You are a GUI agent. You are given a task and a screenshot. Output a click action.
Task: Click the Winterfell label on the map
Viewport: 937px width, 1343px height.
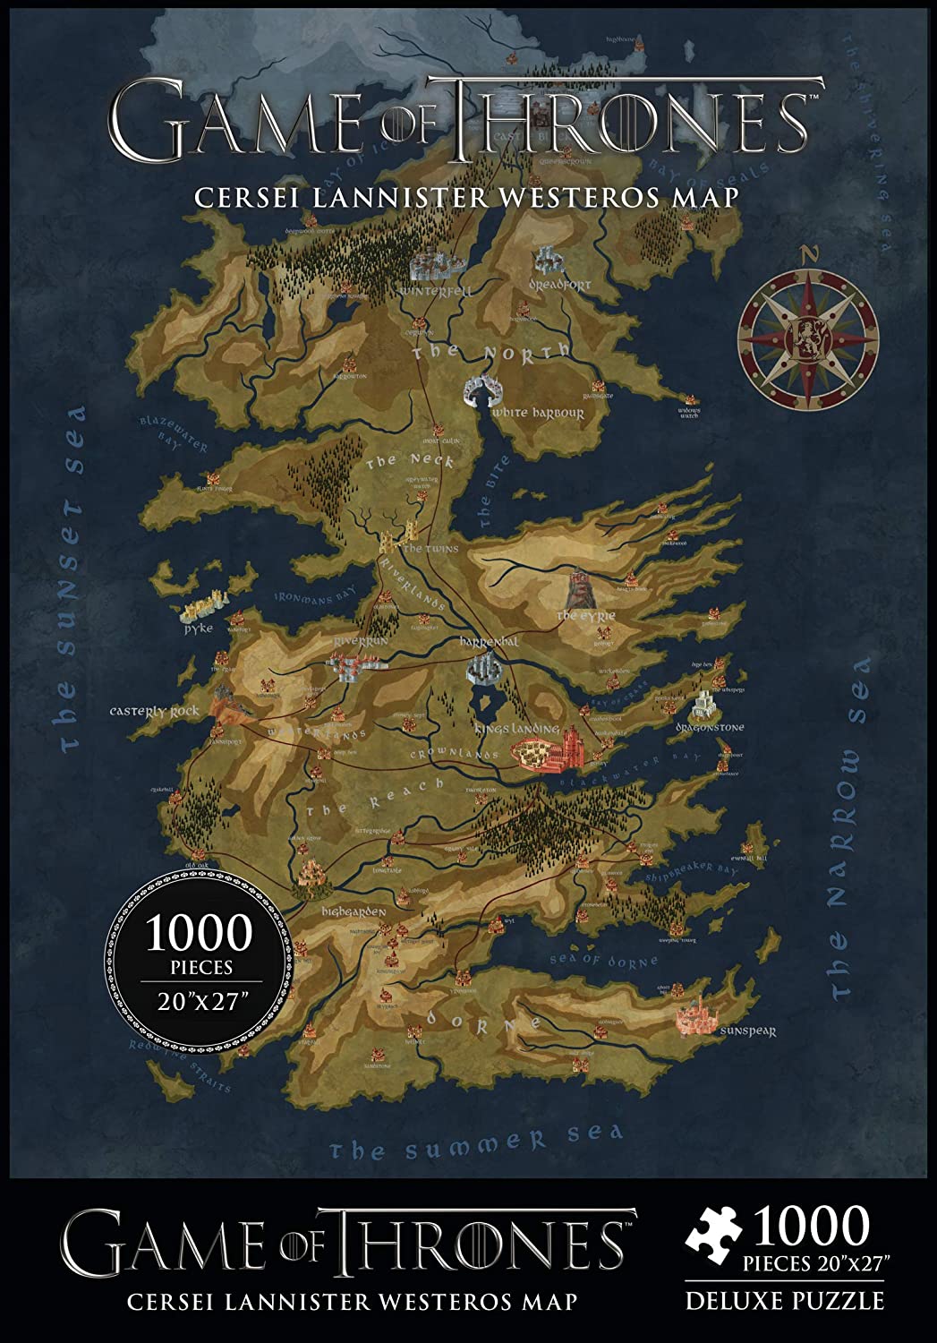coord(437,292)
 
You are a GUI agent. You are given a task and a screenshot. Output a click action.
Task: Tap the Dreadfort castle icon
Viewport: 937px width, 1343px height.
coord(547,263)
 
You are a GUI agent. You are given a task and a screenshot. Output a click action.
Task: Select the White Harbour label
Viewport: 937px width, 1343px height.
coord(538,414)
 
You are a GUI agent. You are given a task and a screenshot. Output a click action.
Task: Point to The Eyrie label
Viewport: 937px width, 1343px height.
coord(586,617)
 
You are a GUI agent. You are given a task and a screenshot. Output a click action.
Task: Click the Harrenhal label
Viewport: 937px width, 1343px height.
coord(490,643)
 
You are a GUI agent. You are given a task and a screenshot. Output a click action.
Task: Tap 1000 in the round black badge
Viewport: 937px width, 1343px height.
coord(200,934)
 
